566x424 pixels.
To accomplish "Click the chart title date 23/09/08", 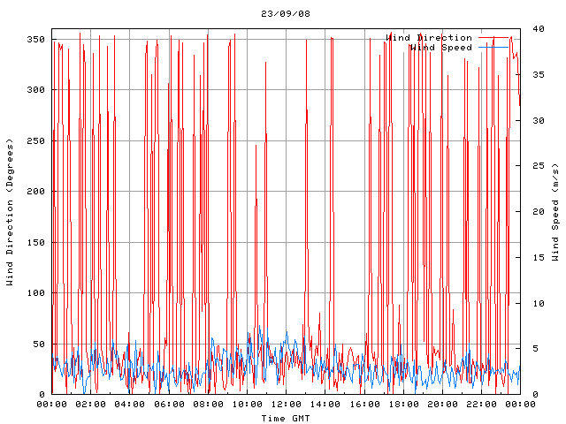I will pos(286,14).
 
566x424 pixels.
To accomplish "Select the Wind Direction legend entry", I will pos(429,38).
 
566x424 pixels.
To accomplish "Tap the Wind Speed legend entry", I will pos(440,48).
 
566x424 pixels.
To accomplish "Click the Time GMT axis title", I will pos(286,417).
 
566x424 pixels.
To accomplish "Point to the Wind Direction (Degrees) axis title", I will pos(11,212).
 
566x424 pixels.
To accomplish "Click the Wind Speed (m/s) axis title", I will pos(555,212).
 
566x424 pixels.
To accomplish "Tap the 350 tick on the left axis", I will pos(35,40).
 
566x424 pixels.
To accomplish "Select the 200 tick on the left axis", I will pos(35,192).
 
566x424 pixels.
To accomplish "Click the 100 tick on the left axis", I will pos(35,293).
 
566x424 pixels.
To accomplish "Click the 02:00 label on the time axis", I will pos(91,405).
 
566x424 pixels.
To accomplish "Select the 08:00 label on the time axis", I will pos(208,405).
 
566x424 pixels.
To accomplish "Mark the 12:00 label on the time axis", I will pos(286,405).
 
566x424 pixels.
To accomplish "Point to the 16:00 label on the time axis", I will pos(363,405).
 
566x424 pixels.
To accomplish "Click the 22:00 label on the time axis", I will pos(480,405).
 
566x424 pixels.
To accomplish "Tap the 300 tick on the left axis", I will pos(35,90).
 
